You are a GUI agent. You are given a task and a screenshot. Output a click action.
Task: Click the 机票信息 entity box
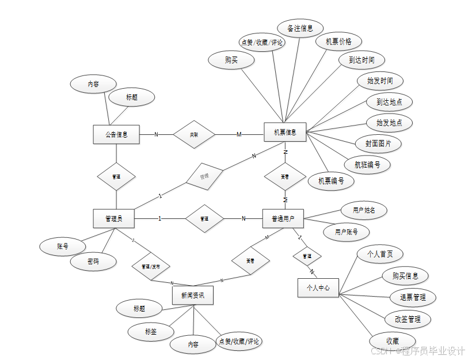click(x=285, y=132)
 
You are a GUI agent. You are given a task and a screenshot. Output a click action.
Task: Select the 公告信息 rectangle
click(x=116, y=135)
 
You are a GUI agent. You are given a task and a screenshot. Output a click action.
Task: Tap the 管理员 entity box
click(x=113, y=218)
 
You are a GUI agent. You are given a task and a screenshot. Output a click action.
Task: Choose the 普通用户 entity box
click(x=283, y=218)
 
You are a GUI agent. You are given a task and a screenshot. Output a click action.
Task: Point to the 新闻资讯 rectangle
click(x=193, y=295)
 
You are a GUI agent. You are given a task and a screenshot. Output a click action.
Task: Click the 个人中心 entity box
click(x=318, y=287)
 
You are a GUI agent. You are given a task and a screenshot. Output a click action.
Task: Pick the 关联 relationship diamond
click(x=194, y=135)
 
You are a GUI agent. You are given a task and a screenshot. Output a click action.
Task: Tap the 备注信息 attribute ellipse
click(x=300, y=28)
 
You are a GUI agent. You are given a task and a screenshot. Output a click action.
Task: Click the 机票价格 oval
click(x=339, y=41)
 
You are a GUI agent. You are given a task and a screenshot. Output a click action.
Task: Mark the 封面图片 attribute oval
click(x=378, y=143)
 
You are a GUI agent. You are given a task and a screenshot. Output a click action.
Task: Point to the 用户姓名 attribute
click(x=363, y=210)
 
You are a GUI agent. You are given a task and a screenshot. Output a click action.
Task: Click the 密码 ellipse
click(x=93, y=262)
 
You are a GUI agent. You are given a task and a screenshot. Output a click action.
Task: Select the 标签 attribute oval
click(x=151, y=331)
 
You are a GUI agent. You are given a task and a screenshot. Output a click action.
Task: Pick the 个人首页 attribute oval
click(x=380, y=253)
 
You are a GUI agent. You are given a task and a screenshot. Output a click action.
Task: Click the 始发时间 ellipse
click(x=380, y=81)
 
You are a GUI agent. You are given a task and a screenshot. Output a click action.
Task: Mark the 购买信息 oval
click(x=405, y=275)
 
